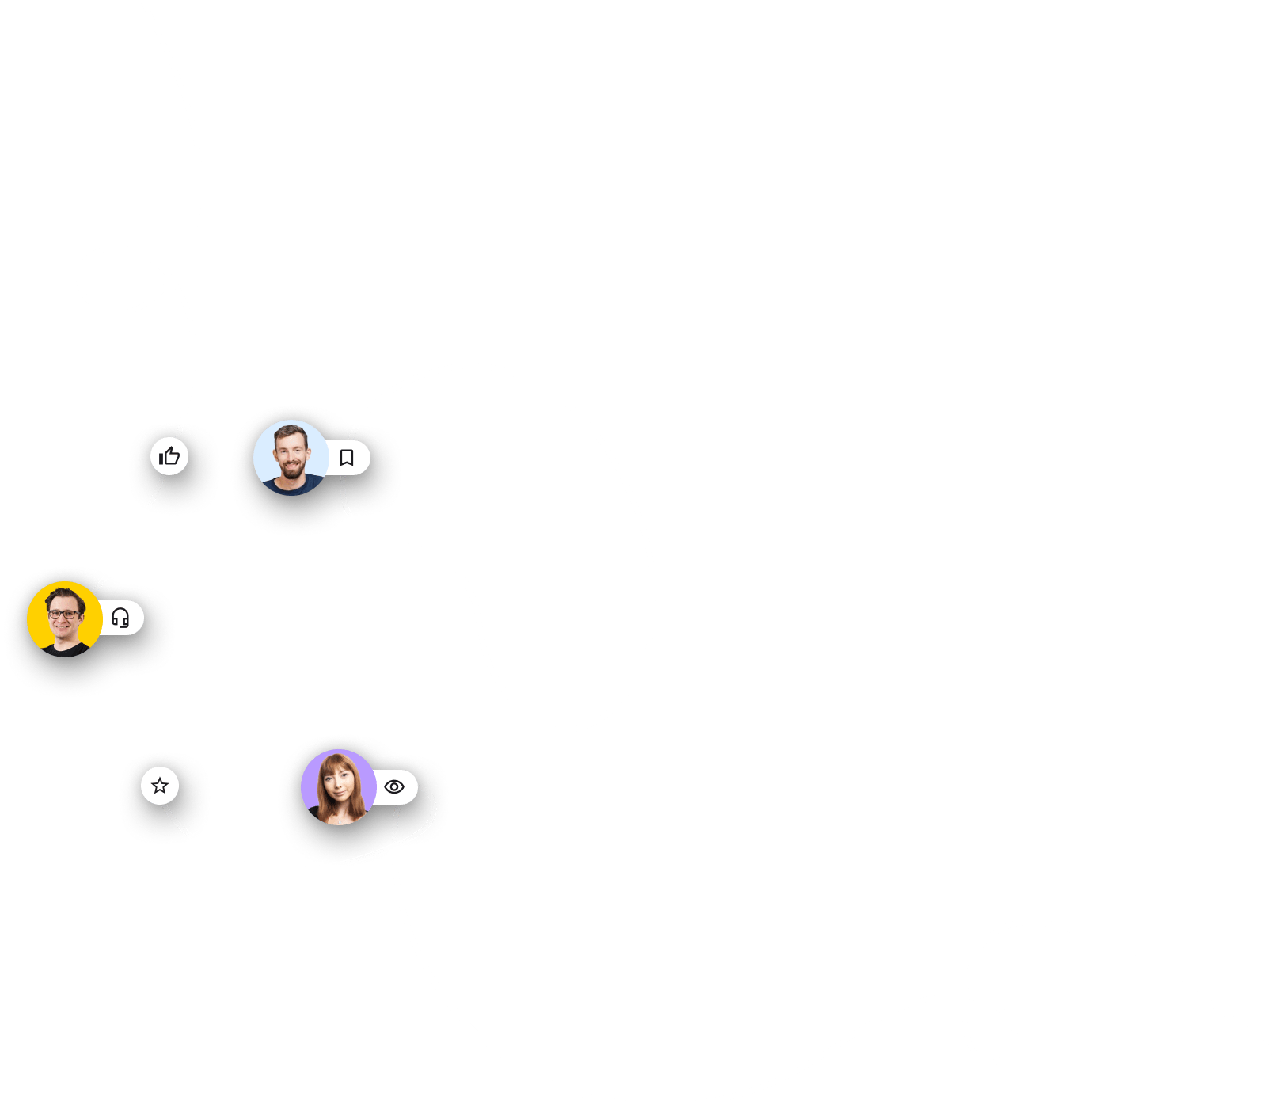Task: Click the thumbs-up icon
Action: click(x=169, y=456)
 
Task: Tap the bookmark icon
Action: click(x=346, y=458)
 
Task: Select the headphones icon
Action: click(x=120, y=618)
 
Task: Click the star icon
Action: click(x=160, y=786)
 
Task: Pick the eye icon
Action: click(x=394, y=786)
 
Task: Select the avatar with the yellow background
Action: click(x=64, y=619)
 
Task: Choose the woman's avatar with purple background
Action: click(x=338, y=786)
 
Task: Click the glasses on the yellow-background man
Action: click(x=63, y=614)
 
